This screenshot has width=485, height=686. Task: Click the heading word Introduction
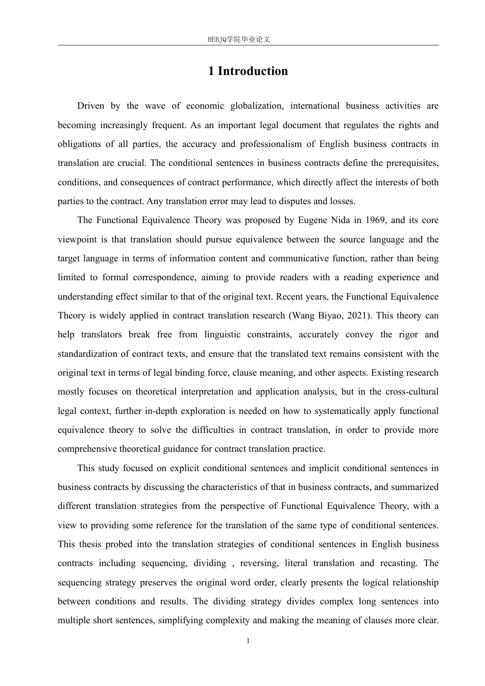(253, 71)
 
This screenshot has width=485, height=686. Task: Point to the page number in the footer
(248, 641)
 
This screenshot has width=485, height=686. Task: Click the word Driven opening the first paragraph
(90, 106)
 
